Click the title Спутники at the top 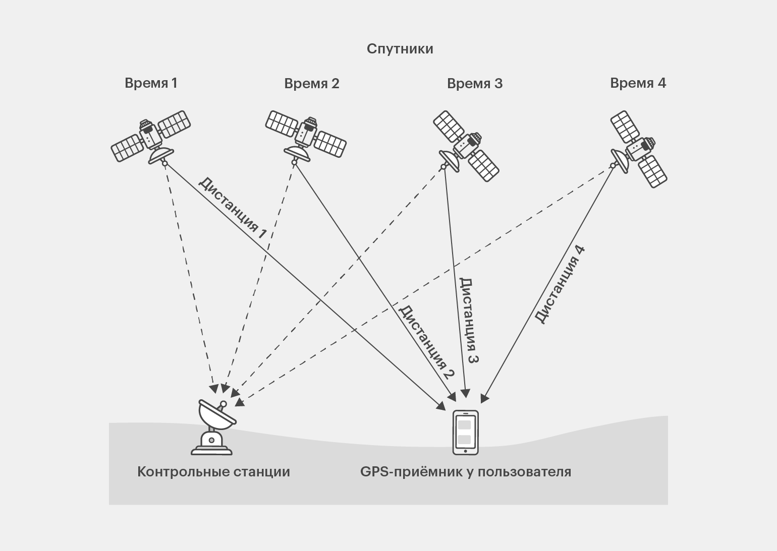coord(400,49)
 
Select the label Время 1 coord(151,83)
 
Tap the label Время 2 coord(311,84)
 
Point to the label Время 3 coord(474,84)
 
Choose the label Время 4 coord(638,83)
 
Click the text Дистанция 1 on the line coord(232,207)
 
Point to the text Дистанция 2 coord(427,342)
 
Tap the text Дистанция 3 coord(469,321)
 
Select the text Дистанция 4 coord(560,285)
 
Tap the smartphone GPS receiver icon coord(465,433)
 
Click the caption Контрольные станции coord(213,472)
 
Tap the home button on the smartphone coord(465,450)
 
